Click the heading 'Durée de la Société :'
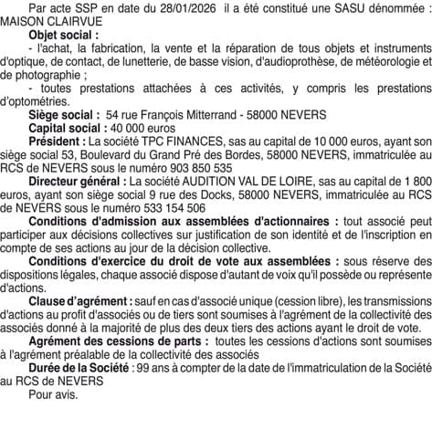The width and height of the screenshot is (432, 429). pos(79,377)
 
